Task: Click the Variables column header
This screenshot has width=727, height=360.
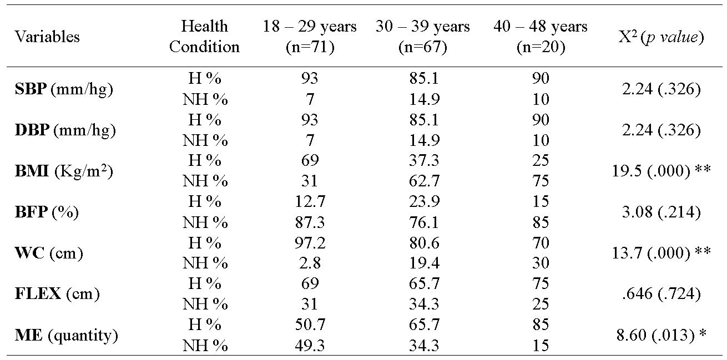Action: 47,37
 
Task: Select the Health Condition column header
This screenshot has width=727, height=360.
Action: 204,37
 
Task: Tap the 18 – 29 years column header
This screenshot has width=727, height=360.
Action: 310,37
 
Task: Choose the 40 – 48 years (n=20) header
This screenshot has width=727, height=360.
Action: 540,37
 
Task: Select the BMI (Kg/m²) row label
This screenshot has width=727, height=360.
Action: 64,171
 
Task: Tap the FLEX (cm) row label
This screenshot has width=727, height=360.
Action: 57,294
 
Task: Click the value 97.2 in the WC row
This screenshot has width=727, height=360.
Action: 310,243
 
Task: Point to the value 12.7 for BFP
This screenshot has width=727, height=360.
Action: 310,202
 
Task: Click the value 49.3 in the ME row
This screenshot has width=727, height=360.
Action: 310,346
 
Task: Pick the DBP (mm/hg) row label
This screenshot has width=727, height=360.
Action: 65,130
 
